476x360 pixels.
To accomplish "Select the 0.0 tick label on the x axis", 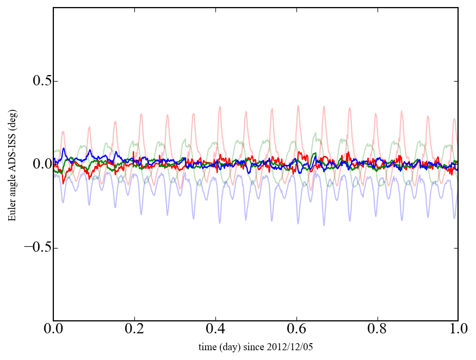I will pyautogui.click(x=53, y=330).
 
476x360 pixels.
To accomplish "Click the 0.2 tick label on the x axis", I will pyautogui.click(x=134, y=330).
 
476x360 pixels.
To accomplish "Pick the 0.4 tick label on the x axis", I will pyautogui.click(x=215, y=330).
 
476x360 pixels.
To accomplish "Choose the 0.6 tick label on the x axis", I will pyautogui.click(x=296, y=330).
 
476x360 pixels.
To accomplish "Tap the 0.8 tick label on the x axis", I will pyautogui.click(x=377, y=330).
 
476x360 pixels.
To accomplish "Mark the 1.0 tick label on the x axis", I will pyautogui.click(x=458, y=330).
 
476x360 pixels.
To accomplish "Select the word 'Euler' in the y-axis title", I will pyautogui.click(x=12, y=210).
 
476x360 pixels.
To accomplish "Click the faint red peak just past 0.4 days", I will pyautogui.click(x=220, y=107).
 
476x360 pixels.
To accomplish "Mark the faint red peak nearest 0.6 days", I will pyautogui.click(x=298, y=106).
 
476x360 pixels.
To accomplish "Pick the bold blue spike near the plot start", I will pyautogui.click(x=64, y=148).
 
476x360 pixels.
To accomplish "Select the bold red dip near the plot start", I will pyautogui.click(x=63, y=183).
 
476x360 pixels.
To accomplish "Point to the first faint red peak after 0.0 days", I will pyautogui.click(x=64, y=131).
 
